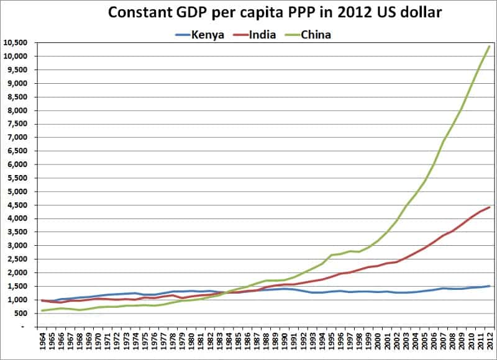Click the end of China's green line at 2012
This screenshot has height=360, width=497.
point(490,46)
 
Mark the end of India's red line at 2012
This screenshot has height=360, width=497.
point(490,207)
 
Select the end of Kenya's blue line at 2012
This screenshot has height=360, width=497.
point(490,286)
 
